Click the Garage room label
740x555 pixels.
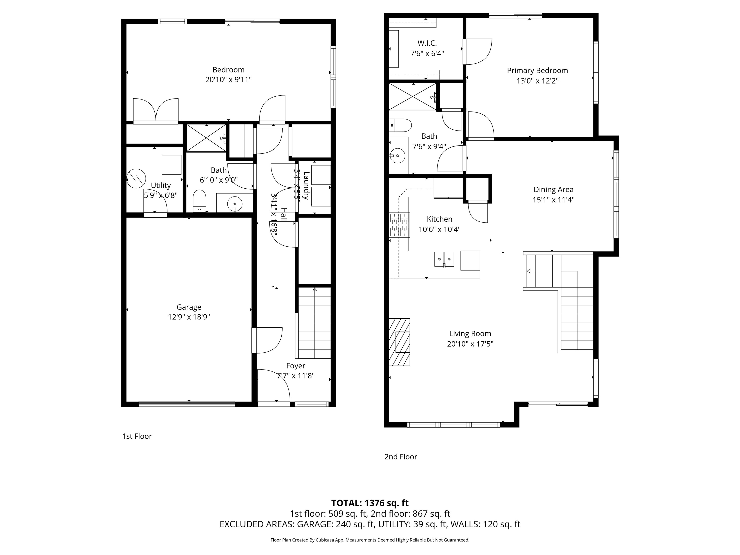(x=189, y=307)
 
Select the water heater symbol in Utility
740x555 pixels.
(x=136, y=179)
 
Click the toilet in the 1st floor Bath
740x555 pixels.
(x=200, y=201)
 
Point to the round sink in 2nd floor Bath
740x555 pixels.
(x=397, y=156)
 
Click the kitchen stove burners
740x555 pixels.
(x=399, y=225)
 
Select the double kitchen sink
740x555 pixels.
(x=444, y=259)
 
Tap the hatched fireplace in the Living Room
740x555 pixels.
(x=399, y=342)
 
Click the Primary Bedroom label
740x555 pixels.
(x=537, y=71)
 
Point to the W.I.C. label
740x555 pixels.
(x=427, y=43)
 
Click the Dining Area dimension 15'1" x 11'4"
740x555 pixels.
(x=553, y=200)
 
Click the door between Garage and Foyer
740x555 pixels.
(x=267, y=340)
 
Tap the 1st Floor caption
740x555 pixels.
(x=137, y=436)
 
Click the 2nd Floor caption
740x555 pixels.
(x=400, y=457)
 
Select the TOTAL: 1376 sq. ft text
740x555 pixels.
(x=370, y=503)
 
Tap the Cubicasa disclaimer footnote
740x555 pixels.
(x=370, y=540)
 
